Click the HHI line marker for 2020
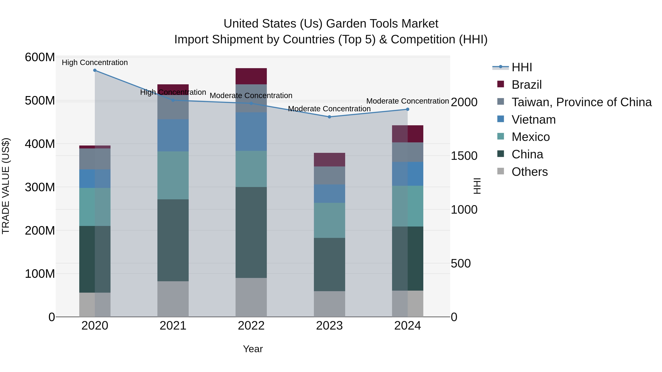pos(95,70)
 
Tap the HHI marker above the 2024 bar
pos(407,109)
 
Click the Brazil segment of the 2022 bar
pos(251,76)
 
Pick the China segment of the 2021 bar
pos(173,240)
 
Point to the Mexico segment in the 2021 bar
pos(173,175)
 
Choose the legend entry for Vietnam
pos(533,120)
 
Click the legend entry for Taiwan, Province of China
pos(581,102)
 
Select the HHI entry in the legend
pos(522,67)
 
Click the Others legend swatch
pos(501,171)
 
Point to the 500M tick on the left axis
pos(40,101)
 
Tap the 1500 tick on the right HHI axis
pos(464,156)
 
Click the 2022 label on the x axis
pos(251,326)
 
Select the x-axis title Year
pos(253,349)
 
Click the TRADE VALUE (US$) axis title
pos(6,186)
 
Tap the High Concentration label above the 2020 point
pos(95,62)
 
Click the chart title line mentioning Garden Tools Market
pos(331,24)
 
